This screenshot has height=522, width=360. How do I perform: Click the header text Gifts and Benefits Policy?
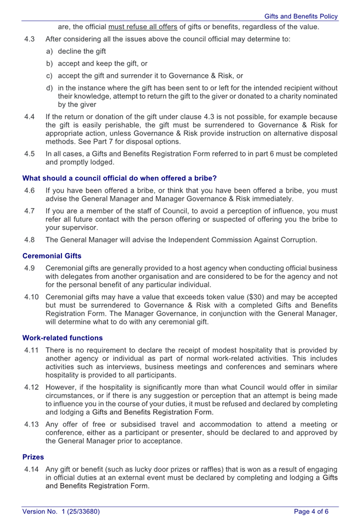point(301,16)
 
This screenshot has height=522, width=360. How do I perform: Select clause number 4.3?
point(30,40)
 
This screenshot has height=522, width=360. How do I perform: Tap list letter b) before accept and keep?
point(49,64)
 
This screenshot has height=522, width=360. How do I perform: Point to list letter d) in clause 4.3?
point(49,88)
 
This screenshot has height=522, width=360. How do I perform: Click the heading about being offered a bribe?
point(120,178)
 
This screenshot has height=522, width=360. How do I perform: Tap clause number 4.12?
point(32,388)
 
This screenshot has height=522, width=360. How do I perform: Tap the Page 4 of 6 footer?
point(311,512)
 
